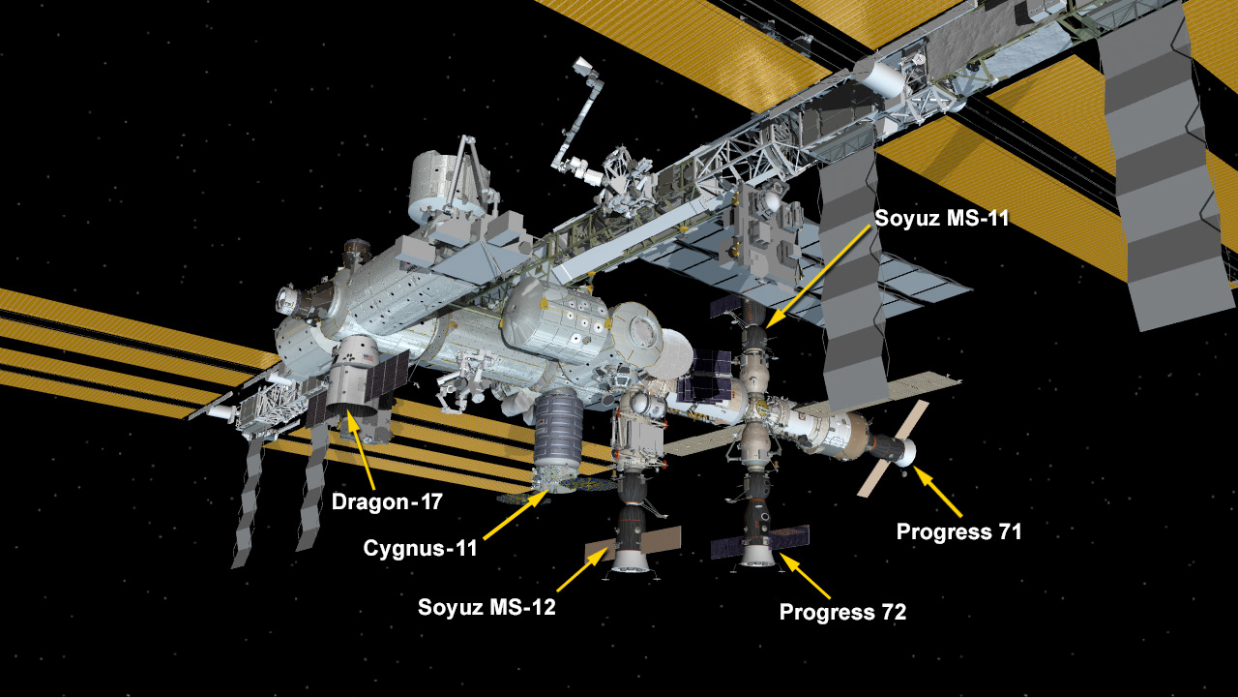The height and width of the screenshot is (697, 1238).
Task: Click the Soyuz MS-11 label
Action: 942,218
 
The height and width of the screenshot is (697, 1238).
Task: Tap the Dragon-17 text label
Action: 387,501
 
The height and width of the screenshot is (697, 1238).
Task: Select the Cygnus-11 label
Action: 420,548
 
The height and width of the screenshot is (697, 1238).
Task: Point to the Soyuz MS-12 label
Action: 486,607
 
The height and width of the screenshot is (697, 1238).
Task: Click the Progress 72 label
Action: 842,612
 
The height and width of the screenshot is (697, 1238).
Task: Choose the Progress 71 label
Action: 958,531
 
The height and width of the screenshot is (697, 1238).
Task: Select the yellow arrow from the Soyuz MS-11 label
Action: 818,278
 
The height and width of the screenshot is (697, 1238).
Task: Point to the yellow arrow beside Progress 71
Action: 937,492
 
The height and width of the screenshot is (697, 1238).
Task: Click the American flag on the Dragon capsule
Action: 367,358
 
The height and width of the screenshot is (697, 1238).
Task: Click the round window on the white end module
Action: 641,332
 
